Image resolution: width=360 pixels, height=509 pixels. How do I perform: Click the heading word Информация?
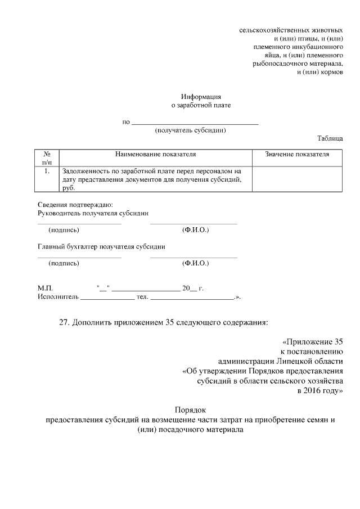201,97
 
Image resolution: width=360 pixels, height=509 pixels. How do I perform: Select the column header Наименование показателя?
155,154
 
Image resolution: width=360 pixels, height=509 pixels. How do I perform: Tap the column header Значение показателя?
297,154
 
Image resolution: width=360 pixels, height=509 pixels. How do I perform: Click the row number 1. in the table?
47,170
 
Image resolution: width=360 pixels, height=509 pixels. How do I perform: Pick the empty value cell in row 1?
297,179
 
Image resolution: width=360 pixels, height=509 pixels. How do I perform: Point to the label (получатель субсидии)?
190,130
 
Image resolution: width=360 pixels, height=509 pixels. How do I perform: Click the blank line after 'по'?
195,122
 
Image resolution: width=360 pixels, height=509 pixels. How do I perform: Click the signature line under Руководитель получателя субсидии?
79,224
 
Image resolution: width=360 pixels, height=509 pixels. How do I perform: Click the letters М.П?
45,288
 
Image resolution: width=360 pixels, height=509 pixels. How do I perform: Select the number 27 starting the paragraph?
64,323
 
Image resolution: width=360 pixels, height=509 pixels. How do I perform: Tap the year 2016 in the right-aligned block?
312,390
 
